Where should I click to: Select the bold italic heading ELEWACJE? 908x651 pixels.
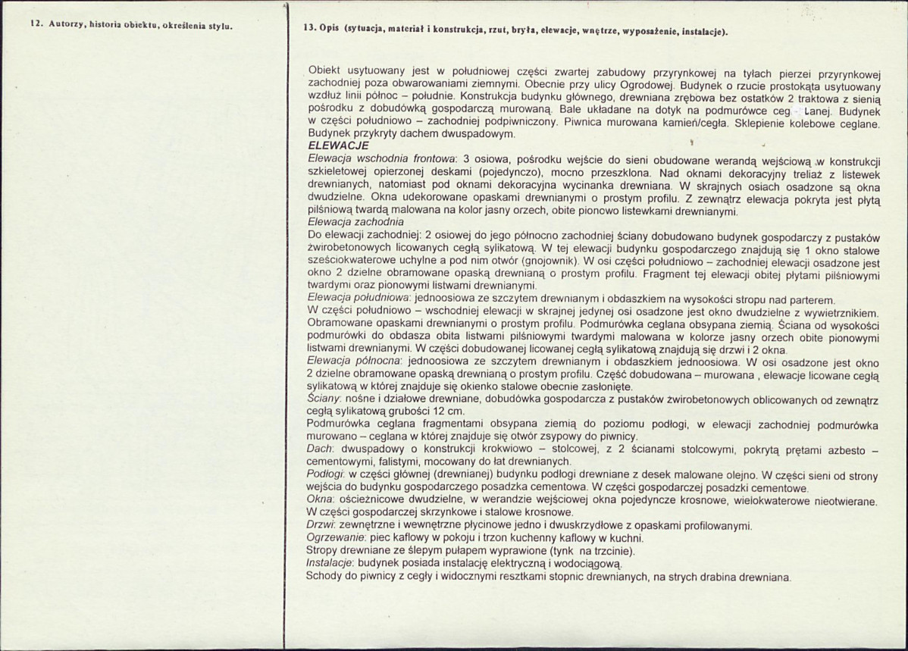pos(338,145)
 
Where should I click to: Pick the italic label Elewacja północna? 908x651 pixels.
pos(355,363)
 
